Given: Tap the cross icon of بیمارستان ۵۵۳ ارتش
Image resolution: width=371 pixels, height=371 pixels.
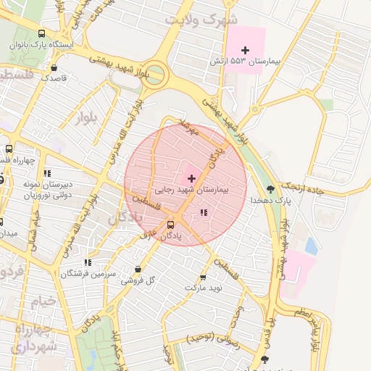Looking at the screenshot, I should (x=245, y=50).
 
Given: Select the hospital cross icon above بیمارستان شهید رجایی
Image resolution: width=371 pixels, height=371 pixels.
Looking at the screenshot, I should (x=191, y=178).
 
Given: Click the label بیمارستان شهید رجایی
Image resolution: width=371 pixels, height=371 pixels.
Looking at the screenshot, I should (x=191, y=189).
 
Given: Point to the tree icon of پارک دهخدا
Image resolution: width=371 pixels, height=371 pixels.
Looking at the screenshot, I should (x=270, y=188).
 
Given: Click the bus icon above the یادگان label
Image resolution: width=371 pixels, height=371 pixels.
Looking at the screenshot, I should (x=171, y=225).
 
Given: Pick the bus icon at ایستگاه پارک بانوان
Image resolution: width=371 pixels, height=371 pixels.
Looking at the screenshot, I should (x=41, y=33).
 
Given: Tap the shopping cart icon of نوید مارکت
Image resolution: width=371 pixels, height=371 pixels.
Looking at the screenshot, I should (x=202, y=277).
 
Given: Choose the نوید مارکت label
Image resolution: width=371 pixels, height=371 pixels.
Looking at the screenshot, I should (x=202, y=288).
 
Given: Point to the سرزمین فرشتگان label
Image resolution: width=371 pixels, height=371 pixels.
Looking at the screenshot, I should (x=88, y=273).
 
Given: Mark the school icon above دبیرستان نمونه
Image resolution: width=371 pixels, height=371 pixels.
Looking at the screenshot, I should (x=47, y=173).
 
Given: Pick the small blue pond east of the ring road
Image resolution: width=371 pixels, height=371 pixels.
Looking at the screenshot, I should (x=311, y=246).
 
